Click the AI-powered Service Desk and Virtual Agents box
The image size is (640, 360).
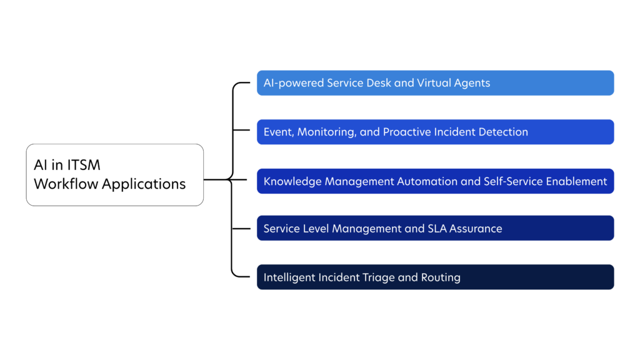click(435, 83)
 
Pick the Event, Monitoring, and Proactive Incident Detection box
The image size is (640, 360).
click(435, 132)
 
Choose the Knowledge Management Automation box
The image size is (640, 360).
click(435, 181)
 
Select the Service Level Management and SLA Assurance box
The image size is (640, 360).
click(435, 229)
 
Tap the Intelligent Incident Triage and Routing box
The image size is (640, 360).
click(435, 277)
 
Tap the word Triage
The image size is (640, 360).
click(375, 277)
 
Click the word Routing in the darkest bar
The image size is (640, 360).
click(441, 277)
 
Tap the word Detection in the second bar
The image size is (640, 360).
click(503, 132)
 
